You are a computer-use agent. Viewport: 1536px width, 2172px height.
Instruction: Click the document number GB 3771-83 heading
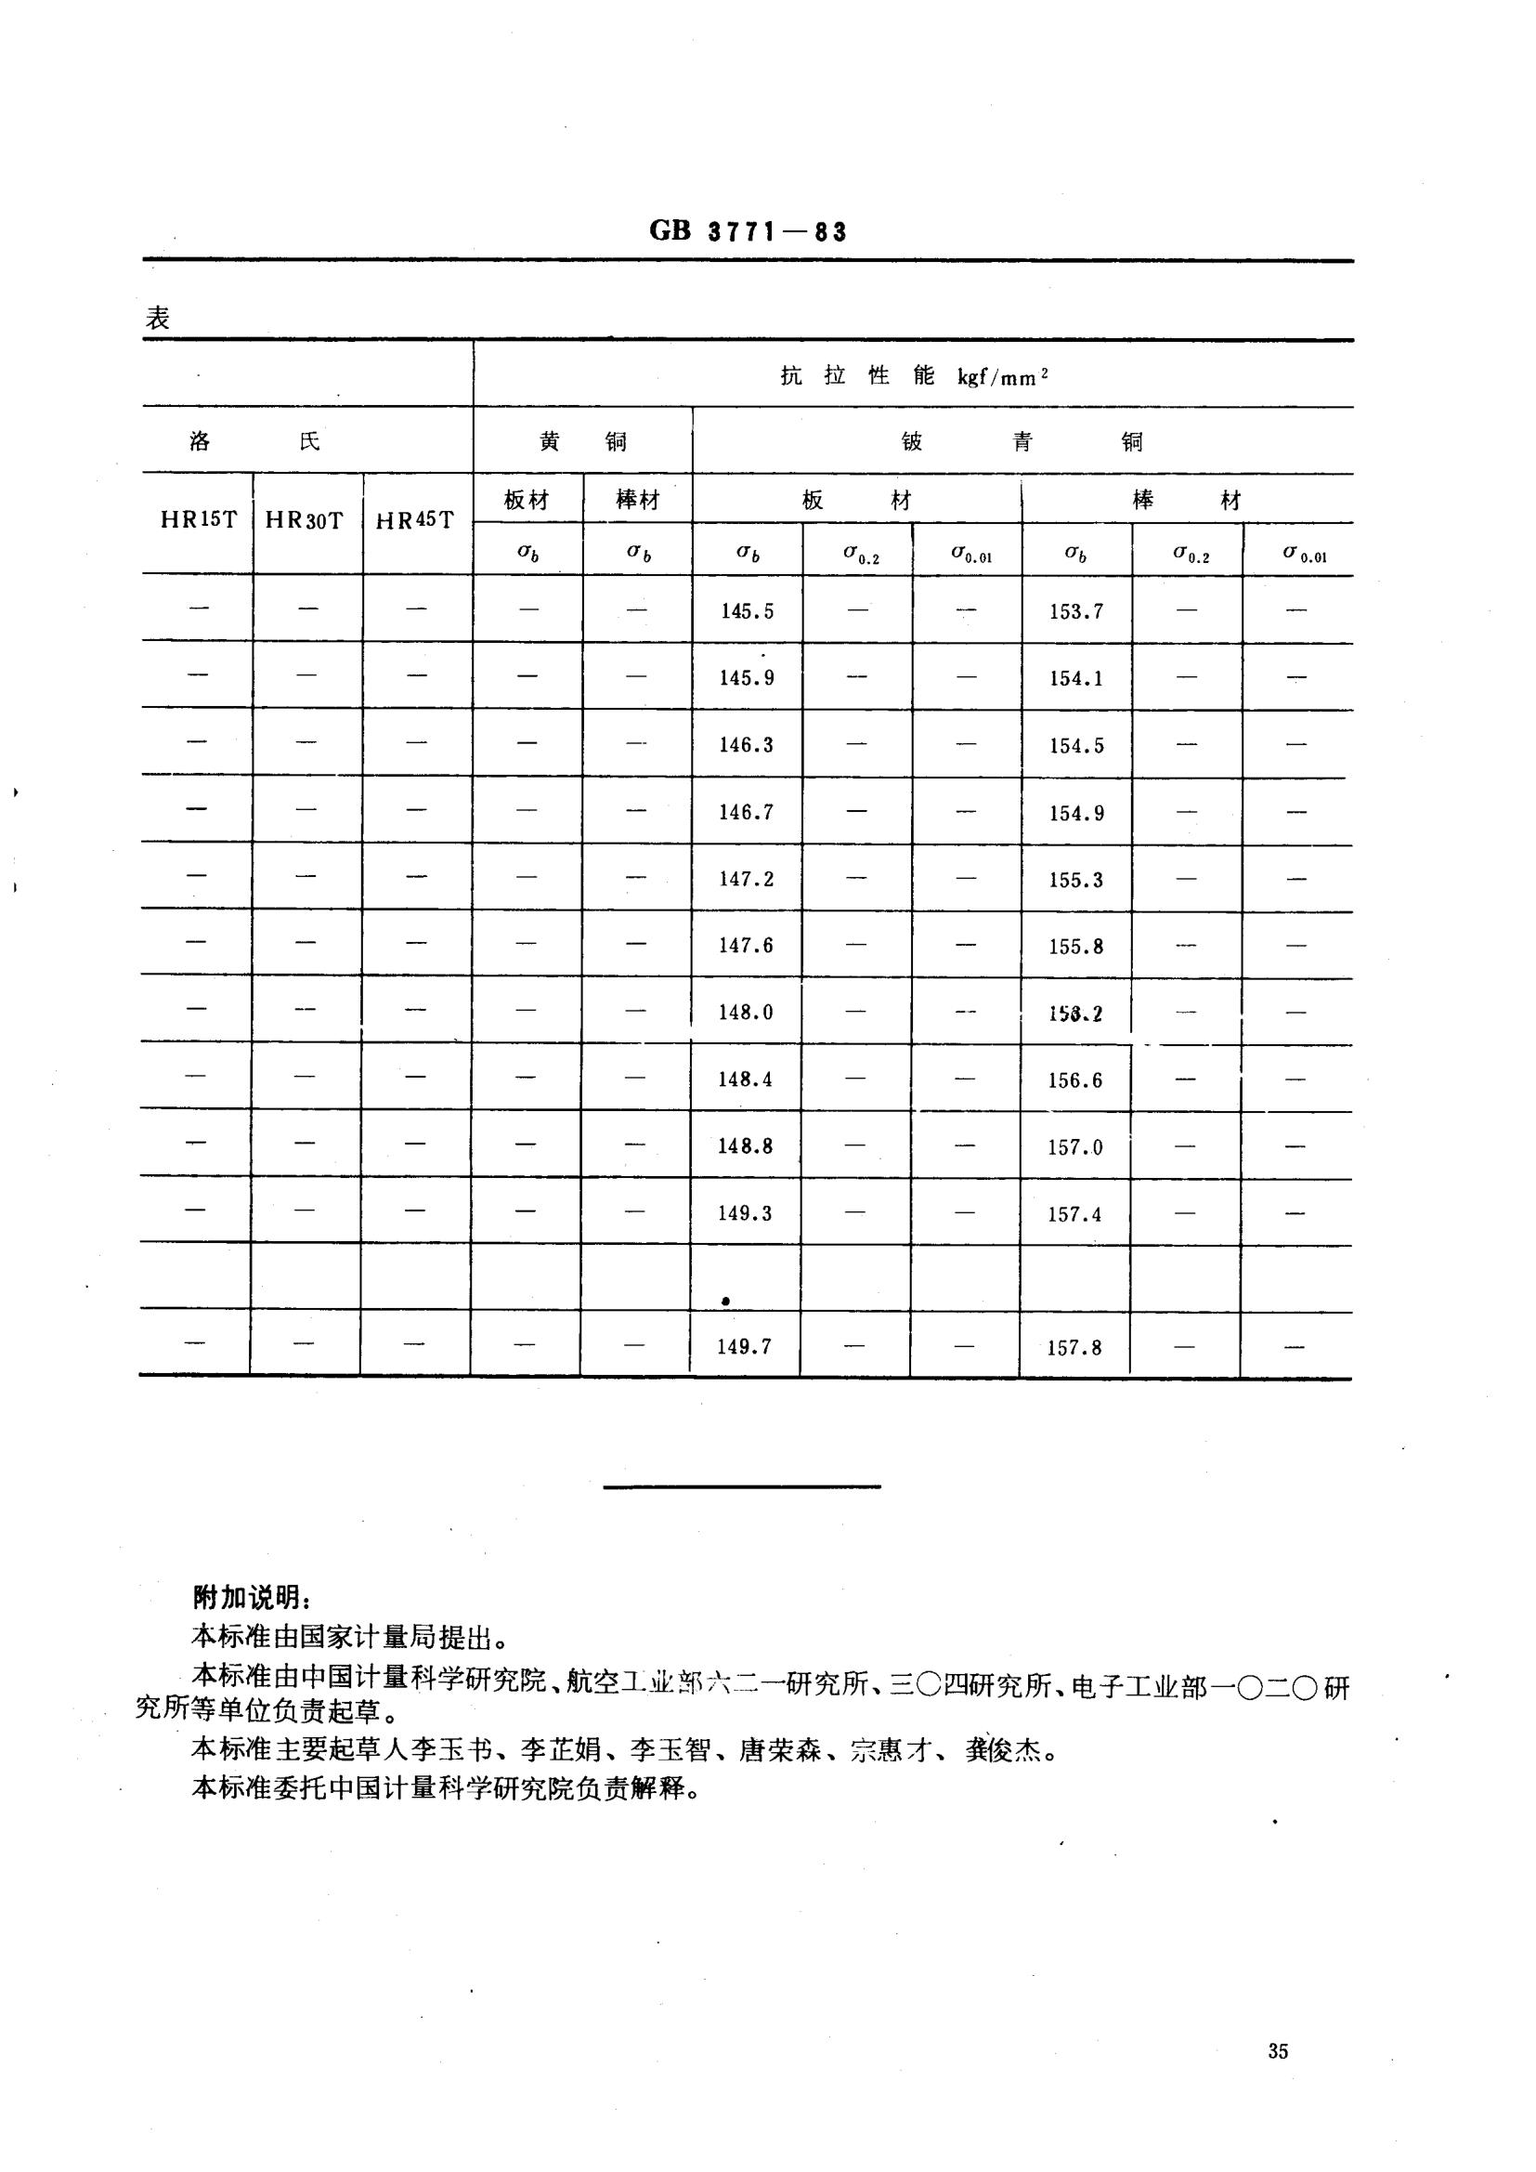pos(748,231)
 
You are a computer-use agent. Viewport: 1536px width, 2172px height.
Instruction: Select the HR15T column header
pos(199,519)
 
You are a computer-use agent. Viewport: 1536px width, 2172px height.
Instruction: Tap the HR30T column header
pos(305,520)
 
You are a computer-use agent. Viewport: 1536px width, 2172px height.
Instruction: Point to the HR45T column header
pos(414,520)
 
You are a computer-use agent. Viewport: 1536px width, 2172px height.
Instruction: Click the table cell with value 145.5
pos(748,611)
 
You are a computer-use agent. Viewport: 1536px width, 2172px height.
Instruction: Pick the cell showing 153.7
pos(1076,611)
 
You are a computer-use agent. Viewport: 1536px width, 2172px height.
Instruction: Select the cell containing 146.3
pos(747,745)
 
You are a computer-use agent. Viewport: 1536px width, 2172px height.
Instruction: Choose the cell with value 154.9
pos(1076,813)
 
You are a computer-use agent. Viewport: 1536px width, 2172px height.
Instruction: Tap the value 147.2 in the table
pos(747,879)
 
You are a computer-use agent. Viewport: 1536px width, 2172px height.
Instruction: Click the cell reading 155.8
pos(1076,946)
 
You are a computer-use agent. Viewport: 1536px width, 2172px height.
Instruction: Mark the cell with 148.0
pos(747,1013)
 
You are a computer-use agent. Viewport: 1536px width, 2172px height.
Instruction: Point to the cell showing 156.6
pos(1075,1080)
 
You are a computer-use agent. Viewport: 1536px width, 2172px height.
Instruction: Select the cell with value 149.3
pos(746,1213)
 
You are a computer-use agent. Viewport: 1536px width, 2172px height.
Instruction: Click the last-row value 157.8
pos(1074,1347)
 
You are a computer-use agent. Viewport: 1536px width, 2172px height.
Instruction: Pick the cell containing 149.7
pos(745,1346)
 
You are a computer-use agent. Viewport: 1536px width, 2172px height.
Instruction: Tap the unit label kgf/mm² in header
pos(1003,377)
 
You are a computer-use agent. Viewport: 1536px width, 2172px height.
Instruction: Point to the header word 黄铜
pos(582,442)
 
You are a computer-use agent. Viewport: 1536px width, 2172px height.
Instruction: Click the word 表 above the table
pos(157,318)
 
